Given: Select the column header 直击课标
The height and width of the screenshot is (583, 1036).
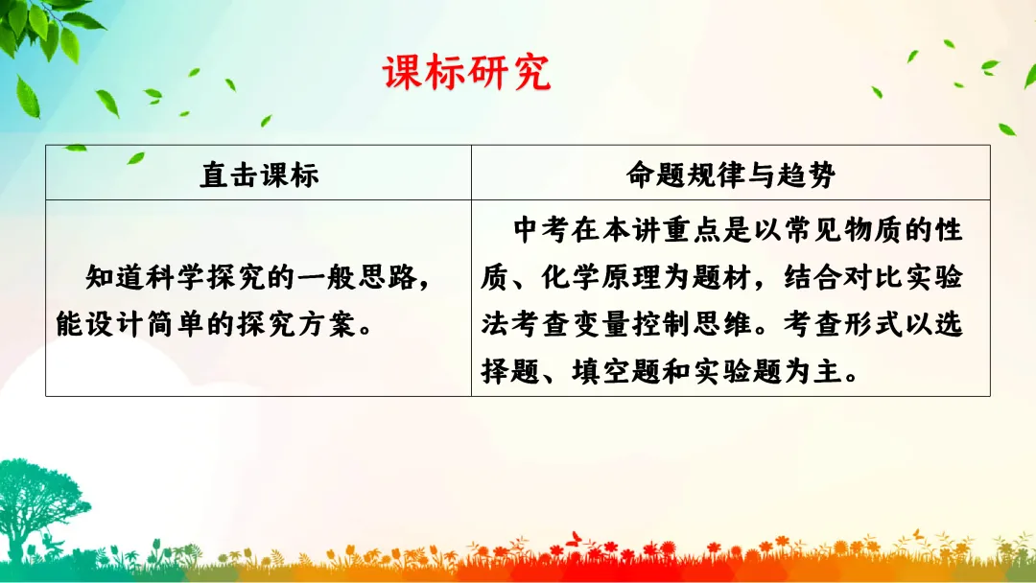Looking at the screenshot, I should click(258, 175).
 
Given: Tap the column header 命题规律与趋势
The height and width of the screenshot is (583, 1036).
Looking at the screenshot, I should click(730, 175).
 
